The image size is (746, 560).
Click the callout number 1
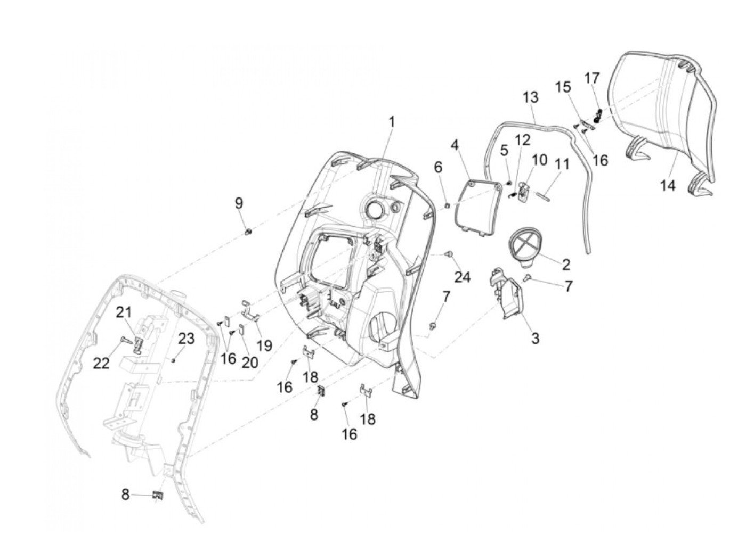[x=392, y=122]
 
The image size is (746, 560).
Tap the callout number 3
[x=535, y=337]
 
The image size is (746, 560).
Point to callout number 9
[x=239, y=203]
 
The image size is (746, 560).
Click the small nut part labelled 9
[x=248, y=231]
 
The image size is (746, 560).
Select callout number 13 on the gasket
[x=531, y=97]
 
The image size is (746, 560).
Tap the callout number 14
[x=668, y=185]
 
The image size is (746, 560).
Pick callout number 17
[x=592, y=78]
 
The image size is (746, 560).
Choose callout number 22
[x=101, y=363]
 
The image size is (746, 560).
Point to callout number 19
[x=264, y=346]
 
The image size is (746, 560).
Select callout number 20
[x=250, y=362]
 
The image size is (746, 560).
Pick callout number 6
[x=438, y=167]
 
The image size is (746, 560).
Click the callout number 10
[x=539, y=159]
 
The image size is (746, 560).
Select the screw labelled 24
[x=449, y=255]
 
